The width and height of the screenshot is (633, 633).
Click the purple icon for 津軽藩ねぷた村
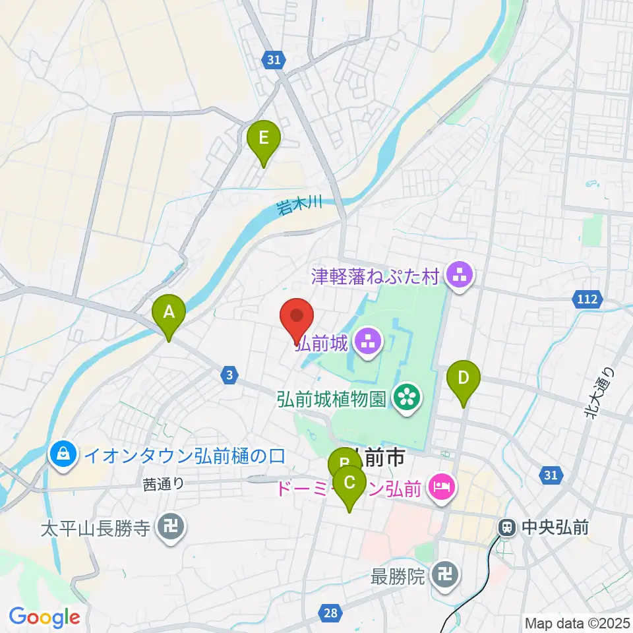(457, 276)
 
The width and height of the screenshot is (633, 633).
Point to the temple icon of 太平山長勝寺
(171, 527)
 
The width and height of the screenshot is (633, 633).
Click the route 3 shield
(228, 375)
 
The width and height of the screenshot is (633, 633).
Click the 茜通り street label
(162, 484)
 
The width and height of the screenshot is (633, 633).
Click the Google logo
(44, 617)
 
